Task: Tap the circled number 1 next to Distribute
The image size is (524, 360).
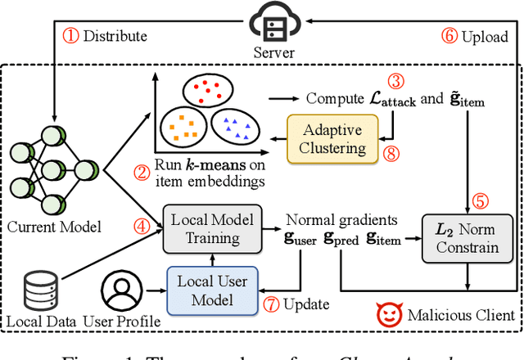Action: [72, 36]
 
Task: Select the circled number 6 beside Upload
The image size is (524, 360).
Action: [450, 36]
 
